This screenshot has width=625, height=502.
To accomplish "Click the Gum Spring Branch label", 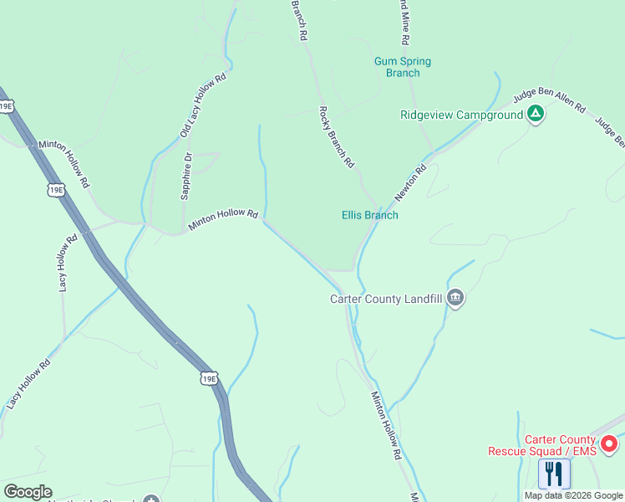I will point(402,67).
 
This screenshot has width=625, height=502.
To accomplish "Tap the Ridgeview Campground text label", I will point(461,115).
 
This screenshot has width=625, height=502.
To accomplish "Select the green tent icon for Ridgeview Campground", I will point(536,114).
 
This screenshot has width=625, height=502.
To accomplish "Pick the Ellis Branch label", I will point(369,215).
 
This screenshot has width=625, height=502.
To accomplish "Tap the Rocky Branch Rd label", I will point(337,137).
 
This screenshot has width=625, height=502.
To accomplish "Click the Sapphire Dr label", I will point(186,176).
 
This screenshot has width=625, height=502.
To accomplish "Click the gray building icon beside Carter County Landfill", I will point(455,298).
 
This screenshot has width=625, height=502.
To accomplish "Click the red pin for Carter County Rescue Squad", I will point(609,443).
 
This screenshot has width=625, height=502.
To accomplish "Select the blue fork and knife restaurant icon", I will point(554,474).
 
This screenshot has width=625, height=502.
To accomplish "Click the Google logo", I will point(28,492).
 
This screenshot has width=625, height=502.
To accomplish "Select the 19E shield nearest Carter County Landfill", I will point(209,379).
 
